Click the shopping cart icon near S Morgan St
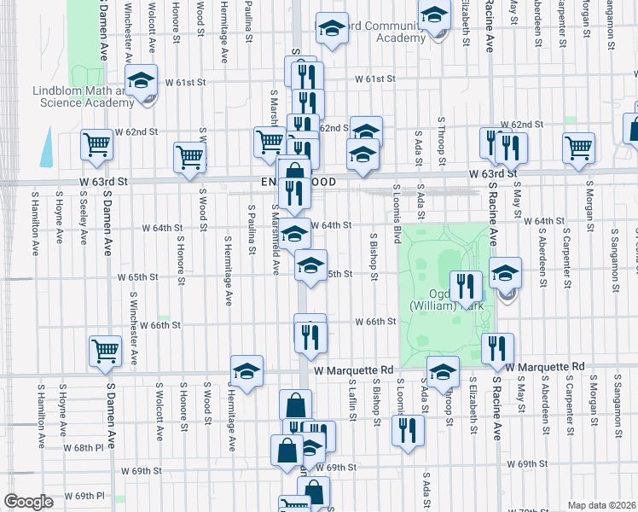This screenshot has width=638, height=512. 579,147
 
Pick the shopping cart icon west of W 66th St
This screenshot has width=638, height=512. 106,350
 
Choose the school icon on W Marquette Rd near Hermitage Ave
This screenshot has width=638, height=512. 246,371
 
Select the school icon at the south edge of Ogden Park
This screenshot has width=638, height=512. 443,372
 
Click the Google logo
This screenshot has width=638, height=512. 28,503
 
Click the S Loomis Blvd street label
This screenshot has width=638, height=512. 397,209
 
